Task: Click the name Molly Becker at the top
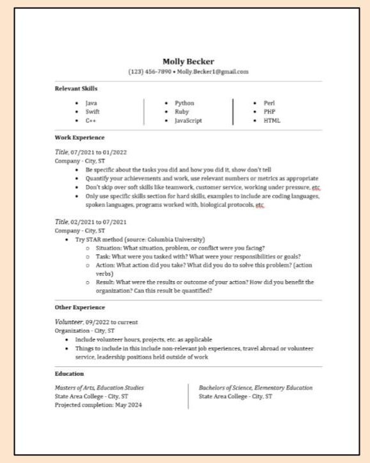click(188, 61)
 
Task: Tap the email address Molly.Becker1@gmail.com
click(213, 72)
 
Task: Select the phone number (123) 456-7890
click(150, 72)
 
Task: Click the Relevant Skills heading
click(76, 88)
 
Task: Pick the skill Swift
click(92, 111)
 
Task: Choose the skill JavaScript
click(188, 120)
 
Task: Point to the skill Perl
click(269, 103)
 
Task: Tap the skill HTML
click(271, 120)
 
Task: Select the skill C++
click(90, 120)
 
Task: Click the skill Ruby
click(182, 111)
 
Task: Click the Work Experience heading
click(79, 138)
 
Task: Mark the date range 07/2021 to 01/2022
click(99, 152)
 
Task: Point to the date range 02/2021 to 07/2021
click(99, 221)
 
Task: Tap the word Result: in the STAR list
click(105, 282)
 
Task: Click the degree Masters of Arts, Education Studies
click(99, 388)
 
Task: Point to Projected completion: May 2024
click(99, 405)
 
